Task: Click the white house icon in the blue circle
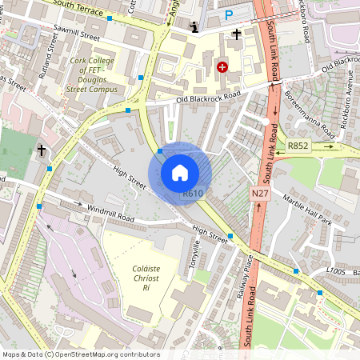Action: point(180,173)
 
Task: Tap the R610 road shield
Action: point(192,193)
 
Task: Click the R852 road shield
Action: point(299,146)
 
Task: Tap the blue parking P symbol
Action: point(230,14)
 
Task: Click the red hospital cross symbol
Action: point(222,68)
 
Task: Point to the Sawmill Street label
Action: point(77,36)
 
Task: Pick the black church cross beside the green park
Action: point(42,150)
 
